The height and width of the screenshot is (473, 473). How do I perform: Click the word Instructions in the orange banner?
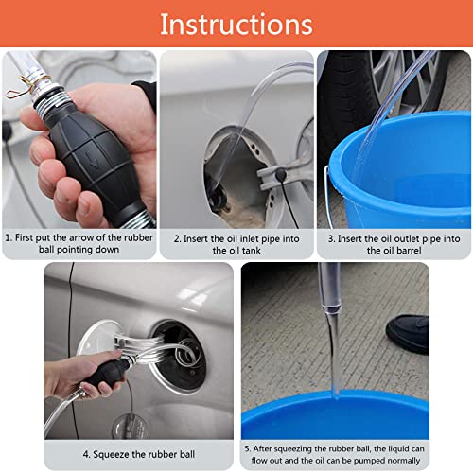[236, 24]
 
